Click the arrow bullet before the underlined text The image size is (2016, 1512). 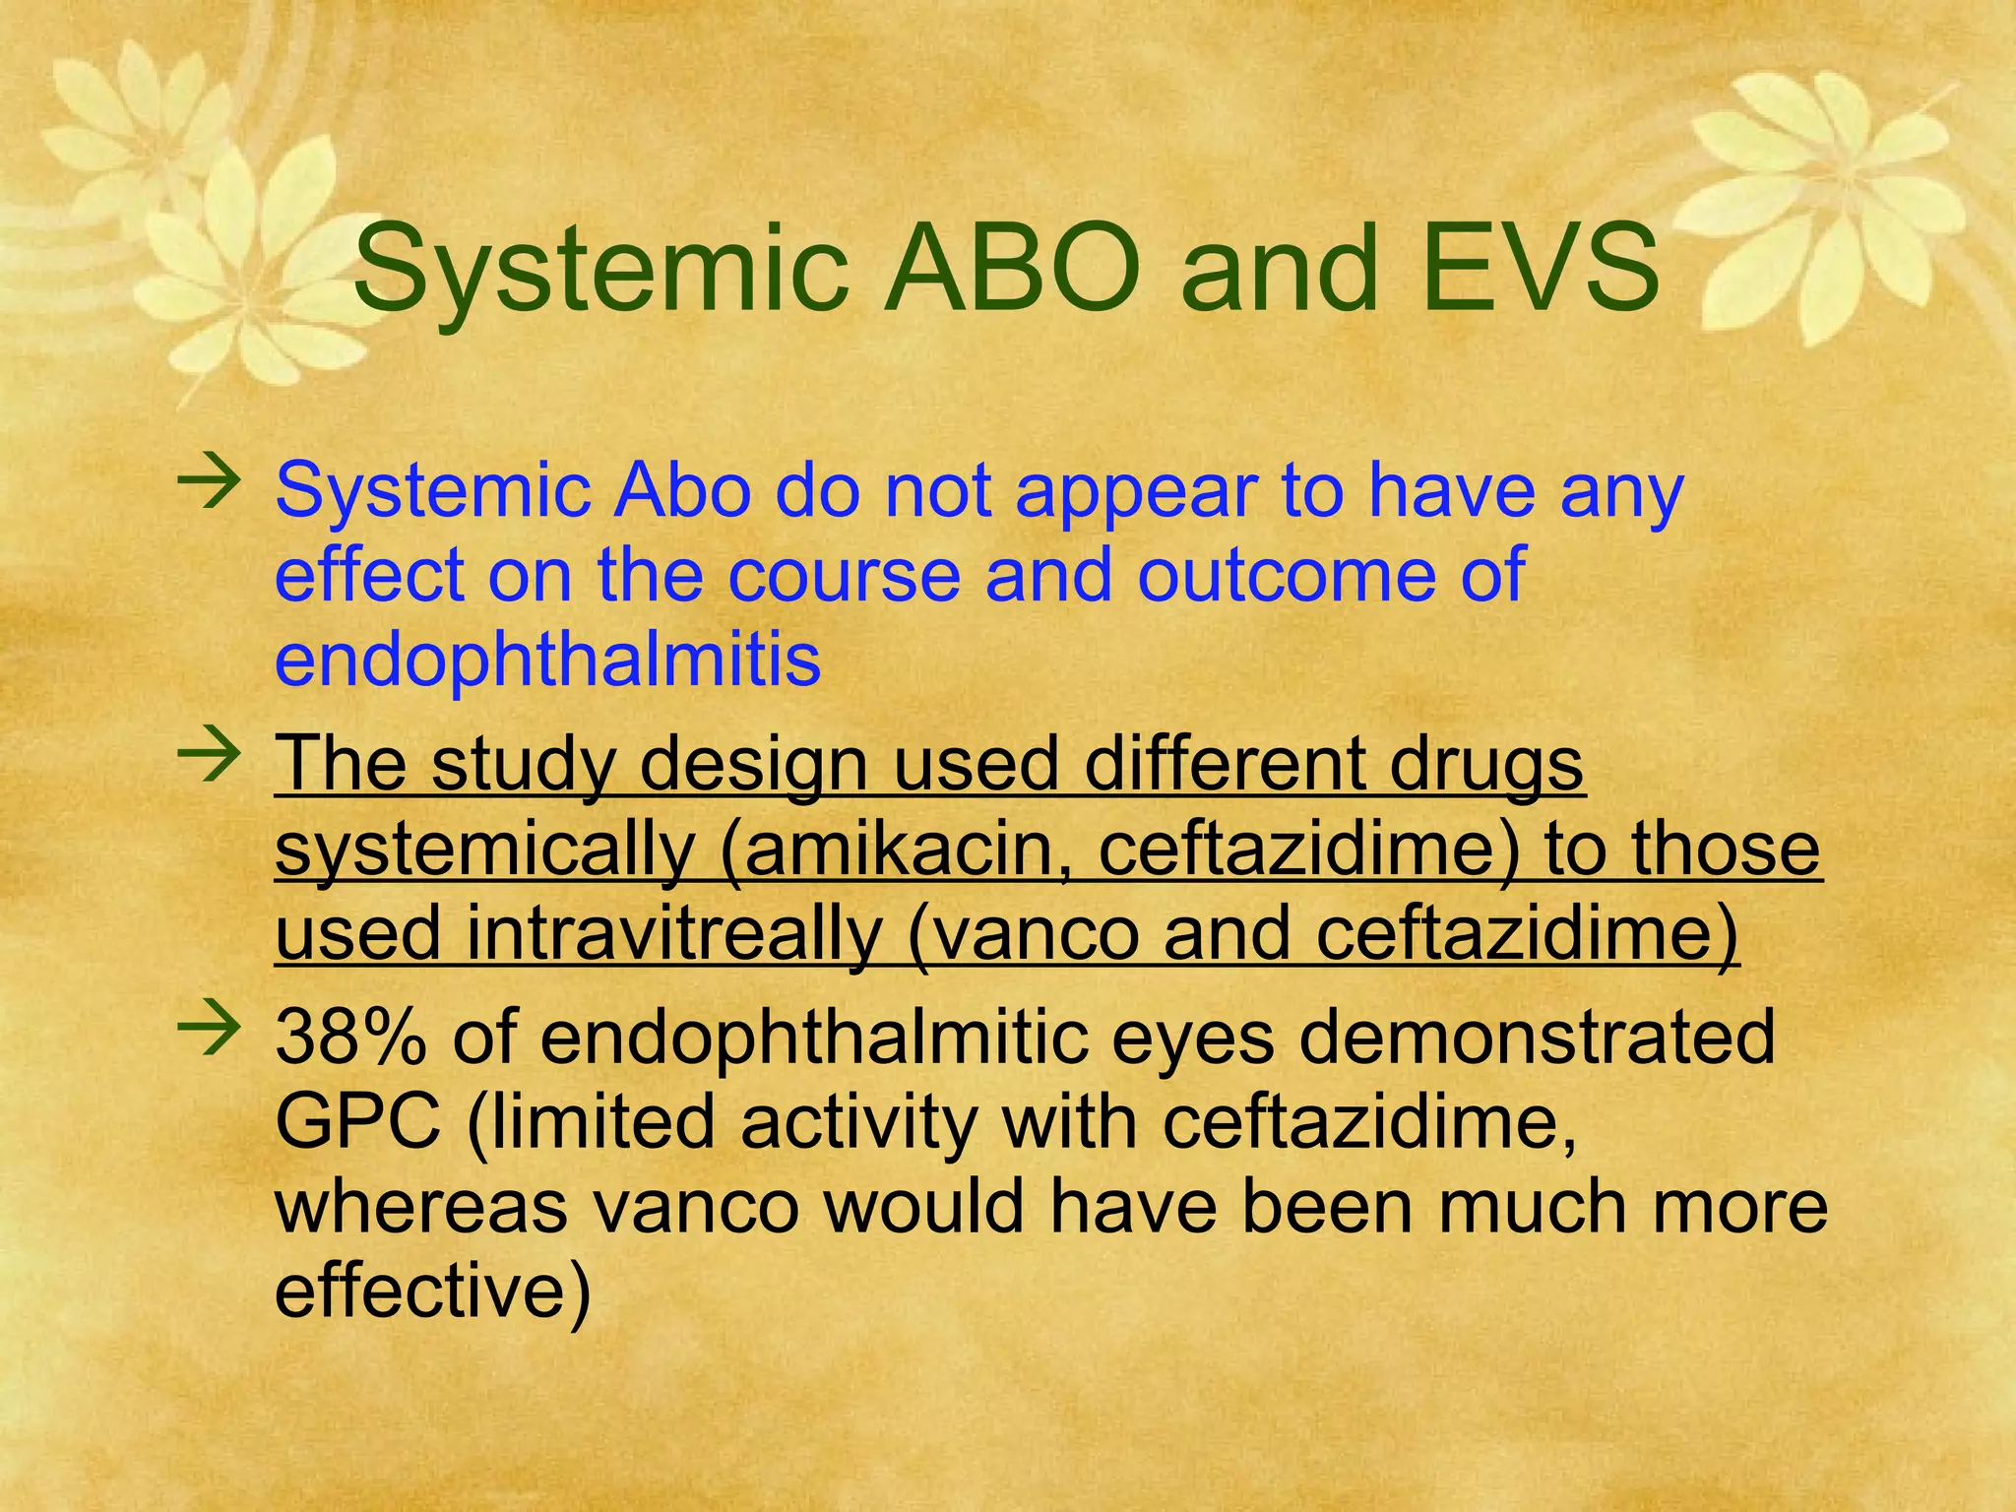[x=209, y=756]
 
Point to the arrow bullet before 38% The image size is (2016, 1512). [x=209, y=1030]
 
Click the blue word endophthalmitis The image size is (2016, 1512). [x=547, y=660]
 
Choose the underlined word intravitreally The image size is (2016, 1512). [x=674, y=933]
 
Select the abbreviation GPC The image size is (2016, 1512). [x=357, y=1121]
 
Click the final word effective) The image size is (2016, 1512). [x=432, y=1291]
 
